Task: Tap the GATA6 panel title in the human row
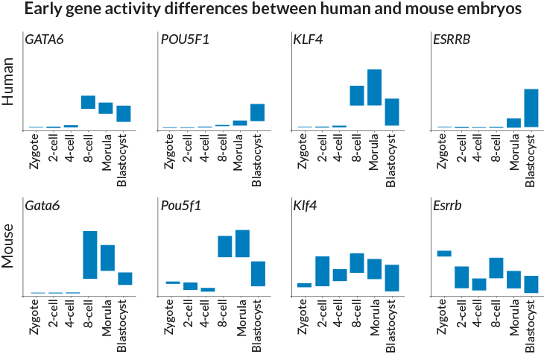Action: [x=44, y=40]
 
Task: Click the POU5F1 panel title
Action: [x=185, y=40]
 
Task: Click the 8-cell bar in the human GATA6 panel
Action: [x=88, y=102]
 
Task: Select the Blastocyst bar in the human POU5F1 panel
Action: [x=258, y=113]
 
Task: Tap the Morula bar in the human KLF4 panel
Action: [x=374, y=87]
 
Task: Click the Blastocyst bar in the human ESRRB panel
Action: [x=531, y=108]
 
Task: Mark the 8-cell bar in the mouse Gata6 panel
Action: [x=89, y=255]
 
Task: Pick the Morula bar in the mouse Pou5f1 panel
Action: [x=241, y=244]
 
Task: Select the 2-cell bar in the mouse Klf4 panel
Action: [x=322, y=271]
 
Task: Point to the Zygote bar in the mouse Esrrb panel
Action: [x=444, y=254]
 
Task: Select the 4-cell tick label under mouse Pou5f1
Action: [x=208, y=314]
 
